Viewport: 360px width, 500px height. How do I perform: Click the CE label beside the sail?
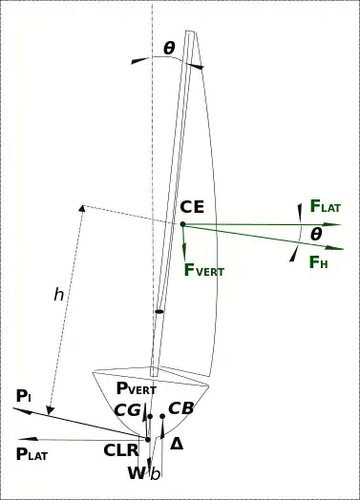[x=192, y=207]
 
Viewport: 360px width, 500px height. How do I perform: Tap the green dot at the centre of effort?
[x=182, y=224]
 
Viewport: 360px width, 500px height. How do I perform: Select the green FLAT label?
[x=326, y=206]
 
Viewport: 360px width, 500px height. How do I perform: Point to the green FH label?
[x=319, y=262]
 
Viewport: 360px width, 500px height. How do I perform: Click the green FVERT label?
[x=204, y=270]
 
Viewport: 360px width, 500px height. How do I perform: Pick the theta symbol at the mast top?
[x=169, y=48]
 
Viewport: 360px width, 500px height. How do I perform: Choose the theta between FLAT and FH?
[x=316, y=235]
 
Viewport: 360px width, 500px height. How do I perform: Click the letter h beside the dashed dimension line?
[x=58, y=294]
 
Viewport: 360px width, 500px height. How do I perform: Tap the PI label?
[x=24, y=396]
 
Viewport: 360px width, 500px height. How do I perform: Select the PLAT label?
[x=32, y=454]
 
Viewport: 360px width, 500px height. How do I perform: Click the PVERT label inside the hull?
[x=137, y=388]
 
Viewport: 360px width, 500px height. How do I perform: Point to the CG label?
[x=127, y=410]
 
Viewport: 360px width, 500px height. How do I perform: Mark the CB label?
[x=180, y=408]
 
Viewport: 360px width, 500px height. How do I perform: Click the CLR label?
[x=121, y=450]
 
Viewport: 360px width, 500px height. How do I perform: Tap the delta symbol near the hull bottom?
[x=177, y=444]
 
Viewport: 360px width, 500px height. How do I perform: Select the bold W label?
[x=137, y=473]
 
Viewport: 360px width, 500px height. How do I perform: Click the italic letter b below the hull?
[x=155, y=474]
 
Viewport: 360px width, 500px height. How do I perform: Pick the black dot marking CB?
[x=162, y=416]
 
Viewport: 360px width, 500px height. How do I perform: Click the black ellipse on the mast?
[x=159, y=311]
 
